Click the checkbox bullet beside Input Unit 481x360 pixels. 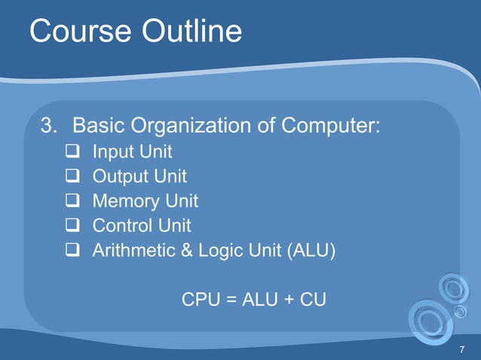(x=72, y=153)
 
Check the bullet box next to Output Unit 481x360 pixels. (x=72, y=178)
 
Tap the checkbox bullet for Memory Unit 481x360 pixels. (x=72, y=202)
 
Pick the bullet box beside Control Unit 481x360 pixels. (x=72, y=226)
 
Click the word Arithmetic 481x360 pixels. (x=131, y=250)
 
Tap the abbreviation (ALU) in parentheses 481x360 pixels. (x=311, y=250)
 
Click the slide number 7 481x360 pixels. (x=461, y=349)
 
